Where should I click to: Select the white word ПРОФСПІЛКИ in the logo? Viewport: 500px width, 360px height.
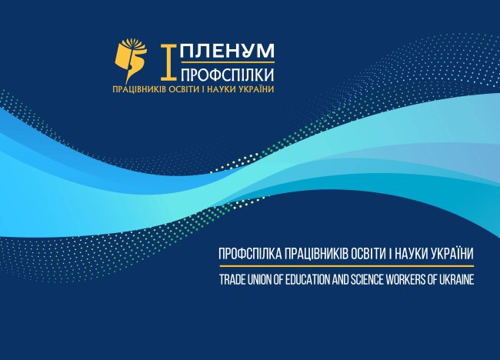pos(227,75)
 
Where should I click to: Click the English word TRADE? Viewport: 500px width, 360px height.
pos(230,280)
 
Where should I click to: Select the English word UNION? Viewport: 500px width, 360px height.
pos(260,280)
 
